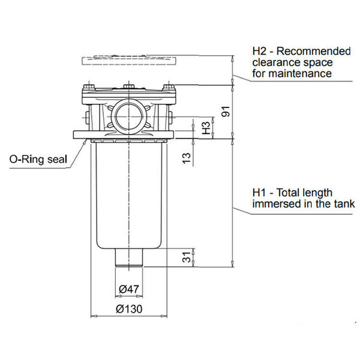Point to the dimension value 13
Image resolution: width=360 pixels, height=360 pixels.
pos(187,157)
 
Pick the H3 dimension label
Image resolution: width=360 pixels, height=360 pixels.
pos(205,128)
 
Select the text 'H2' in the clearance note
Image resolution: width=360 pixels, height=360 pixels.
pos(260,51)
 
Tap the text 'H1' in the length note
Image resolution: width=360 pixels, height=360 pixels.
pos(259,193)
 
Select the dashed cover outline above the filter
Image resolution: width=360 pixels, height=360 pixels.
pos(128,61)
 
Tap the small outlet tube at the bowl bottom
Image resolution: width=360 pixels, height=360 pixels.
pos(129,259)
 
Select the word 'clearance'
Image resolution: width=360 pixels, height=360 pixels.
pos(274,62)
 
